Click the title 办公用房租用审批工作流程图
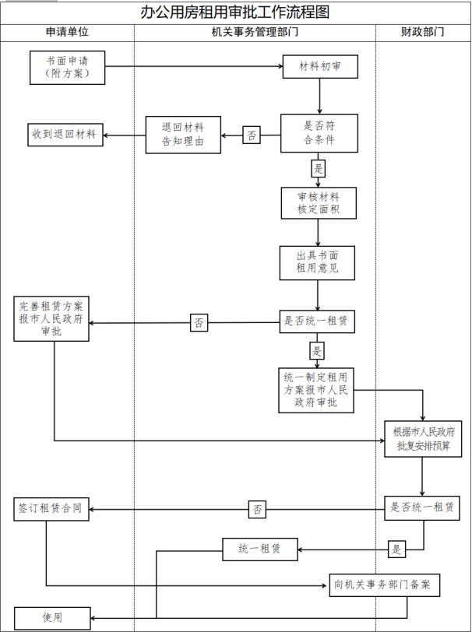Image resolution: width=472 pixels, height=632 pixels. (x=235, y=12)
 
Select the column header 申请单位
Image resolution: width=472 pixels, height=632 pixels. (x=68, y=33)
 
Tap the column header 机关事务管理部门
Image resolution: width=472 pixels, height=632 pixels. (x=255, y=33)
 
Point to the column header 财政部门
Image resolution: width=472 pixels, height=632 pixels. (x=422, y=33)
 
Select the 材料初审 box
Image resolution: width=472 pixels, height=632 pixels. (x=319, y=68)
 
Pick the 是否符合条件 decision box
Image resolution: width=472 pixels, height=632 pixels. (x=319, y=134)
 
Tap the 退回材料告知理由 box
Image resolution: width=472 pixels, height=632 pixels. (x=183, y=135)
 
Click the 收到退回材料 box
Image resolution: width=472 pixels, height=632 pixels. (x=64, y=134)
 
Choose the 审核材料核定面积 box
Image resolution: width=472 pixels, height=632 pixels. (x=319, y=203)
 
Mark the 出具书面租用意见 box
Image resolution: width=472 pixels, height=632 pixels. (x=319, y=263)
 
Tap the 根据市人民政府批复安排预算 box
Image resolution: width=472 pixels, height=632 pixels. (x=423, y=438)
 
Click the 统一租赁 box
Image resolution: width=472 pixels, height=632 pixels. (x=260, y=549)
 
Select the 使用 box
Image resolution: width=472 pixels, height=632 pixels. (x=52, y=617)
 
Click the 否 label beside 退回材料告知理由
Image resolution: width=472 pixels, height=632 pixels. (x=252, y=135)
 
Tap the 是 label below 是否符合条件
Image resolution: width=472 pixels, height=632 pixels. (x=318, y=167)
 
